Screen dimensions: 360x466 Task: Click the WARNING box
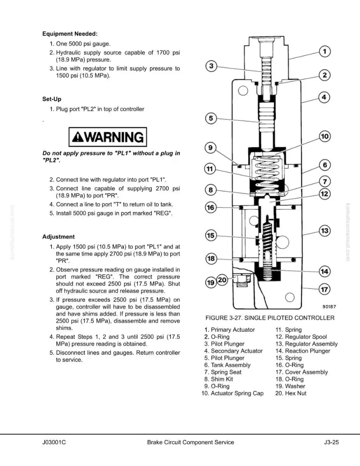pyautogui.click(x=108, y=137)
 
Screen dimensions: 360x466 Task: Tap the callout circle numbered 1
pyautogui.click(x=325, y=51)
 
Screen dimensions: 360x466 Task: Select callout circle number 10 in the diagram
pyautogui.click(x=325, y=137)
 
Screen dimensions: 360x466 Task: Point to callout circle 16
pyautogui.click(x=211, y=207)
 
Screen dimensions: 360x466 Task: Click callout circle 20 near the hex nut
pyautogui.click(x=223, y=280)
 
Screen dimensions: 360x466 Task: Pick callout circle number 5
pyautogui.click(x=211, y=118)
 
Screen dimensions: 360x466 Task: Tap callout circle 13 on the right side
pyautogui.click(x=325, y=231)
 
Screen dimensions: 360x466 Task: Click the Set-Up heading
pyautogui.click(x=52, y=99)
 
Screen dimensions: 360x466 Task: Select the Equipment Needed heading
pyautogui.click(x=70, y=34)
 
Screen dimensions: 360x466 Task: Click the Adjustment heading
pyautogui.click(x=58, y=237)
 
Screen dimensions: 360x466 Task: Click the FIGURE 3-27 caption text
pyautogui.click(x=270, y=318)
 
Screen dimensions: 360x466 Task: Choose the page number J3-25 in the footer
pyautogui.click(x=331, y=442)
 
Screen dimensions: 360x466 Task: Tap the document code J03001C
pyautogui.click(x=54, y=442)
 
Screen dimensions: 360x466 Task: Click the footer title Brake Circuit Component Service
pyautogui.click(x=190, y=442)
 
